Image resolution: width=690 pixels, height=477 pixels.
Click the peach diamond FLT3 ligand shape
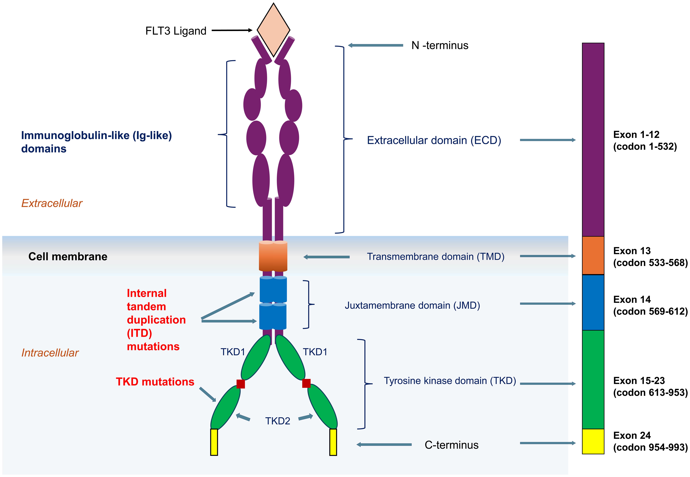273,30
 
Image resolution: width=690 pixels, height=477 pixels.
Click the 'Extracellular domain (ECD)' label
434,140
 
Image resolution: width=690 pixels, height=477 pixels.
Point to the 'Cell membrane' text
68,256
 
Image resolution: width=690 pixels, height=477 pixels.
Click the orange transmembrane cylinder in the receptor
273,256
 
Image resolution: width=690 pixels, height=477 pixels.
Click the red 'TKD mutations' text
155,382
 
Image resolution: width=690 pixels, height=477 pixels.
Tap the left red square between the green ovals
241,384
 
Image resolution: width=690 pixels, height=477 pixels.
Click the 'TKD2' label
278,421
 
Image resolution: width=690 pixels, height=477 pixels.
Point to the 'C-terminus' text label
451,445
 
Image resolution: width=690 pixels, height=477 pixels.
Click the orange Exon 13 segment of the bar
593,256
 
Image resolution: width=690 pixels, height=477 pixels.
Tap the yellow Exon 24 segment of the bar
593,441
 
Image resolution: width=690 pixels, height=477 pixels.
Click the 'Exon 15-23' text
639,380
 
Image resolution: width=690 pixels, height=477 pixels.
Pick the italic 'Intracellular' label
50,353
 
